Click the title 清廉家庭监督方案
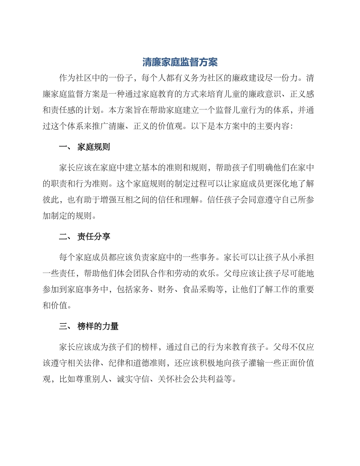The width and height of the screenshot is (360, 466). point(180,62)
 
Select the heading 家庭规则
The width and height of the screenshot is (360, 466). point(94,147)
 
